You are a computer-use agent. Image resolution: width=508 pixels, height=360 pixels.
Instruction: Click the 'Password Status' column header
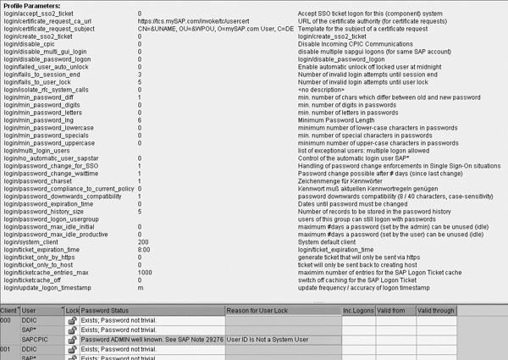point(105,312)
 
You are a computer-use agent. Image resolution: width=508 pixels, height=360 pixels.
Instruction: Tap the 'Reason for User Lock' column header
point(257,312)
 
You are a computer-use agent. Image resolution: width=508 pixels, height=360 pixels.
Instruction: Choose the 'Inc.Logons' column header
point(358,312)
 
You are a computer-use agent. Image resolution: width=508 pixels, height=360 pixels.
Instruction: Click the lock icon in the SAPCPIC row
point(73,340)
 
